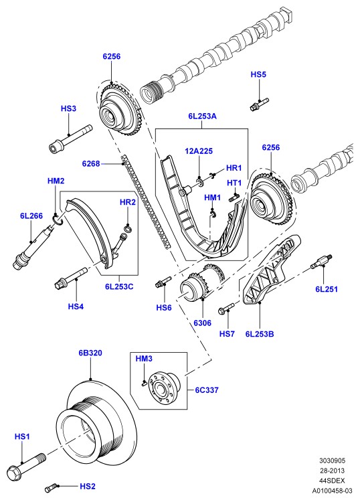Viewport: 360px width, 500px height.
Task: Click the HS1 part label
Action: pos(22,436)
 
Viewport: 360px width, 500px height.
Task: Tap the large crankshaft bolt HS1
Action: pos(26,466)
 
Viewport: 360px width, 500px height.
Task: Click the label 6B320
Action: pos(90,353)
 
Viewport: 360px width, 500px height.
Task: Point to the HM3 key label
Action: pos(144,359)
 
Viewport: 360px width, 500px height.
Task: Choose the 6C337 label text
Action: pos(207,390)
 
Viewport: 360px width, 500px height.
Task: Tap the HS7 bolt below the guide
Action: pos(226,309)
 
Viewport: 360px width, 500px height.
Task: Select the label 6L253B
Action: pos(260,334)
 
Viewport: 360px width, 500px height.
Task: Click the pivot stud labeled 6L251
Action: pos(321,261)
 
